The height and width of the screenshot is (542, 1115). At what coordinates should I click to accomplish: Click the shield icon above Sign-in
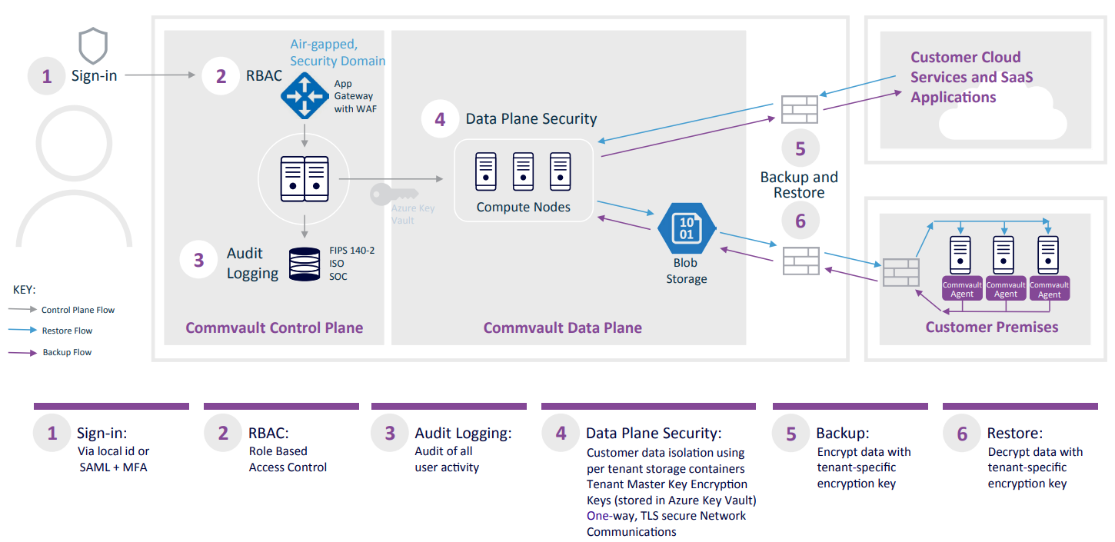[93, 46]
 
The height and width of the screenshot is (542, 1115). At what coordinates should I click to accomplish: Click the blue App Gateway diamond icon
[305, 96]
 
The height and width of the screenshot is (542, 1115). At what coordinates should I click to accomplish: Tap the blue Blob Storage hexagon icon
[687, 228]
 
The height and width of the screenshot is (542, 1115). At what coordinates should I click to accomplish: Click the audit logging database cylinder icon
[305, 264]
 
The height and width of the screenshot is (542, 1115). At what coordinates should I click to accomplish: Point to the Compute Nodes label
[523, 207]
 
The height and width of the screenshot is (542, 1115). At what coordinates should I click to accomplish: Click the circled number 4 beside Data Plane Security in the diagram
[439, 119]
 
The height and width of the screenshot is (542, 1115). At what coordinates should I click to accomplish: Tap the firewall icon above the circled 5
[800, 109]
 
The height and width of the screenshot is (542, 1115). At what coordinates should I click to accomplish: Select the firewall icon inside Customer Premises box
[900, 273]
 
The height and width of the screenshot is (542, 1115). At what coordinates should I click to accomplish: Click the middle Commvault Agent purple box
[1005, 289]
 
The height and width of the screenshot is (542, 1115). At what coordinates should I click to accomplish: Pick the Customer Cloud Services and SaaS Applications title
[971, 77]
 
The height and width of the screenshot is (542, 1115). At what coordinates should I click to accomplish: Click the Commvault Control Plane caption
[274, 328]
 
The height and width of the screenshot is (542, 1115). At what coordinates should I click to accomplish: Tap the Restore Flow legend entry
[66, 331]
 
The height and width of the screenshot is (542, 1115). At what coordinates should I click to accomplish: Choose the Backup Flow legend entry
[66, 352]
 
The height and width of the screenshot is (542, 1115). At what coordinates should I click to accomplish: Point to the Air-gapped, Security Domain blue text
[338, 53]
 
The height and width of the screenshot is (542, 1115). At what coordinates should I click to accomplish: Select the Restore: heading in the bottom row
[1015, 434]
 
